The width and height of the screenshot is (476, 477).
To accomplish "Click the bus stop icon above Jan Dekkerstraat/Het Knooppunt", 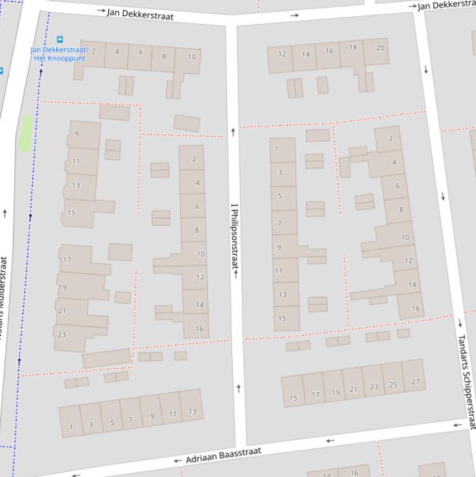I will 59,39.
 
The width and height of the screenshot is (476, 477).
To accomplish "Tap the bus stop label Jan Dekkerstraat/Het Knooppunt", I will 59,54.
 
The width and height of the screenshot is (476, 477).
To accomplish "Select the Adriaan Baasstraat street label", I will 223,455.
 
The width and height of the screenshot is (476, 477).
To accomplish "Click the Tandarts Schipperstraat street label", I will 466,381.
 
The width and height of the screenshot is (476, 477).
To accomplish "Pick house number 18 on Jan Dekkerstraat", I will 353,48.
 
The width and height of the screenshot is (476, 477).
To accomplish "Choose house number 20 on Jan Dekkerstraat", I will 379,48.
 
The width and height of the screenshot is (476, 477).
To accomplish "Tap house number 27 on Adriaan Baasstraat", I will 415,382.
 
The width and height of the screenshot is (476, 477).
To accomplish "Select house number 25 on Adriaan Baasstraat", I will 393,385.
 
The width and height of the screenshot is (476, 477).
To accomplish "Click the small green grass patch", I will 25,133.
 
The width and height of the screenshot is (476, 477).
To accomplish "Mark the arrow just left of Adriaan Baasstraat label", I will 178,461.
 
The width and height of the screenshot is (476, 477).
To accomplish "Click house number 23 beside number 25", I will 374,387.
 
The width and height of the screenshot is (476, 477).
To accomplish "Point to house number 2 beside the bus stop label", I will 93,51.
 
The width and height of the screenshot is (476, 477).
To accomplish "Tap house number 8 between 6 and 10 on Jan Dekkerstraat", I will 164,56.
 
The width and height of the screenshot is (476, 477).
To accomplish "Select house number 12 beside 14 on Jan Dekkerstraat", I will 282,54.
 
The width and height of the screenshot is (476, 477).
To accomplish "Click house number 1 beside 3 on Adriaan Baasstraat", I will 71,427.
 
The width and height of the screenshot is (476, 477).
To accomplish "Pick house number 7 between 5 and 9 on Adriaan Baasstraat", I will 130,419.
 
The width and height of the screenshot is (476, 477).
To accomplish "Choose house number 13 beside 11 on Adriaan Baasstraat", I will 193,411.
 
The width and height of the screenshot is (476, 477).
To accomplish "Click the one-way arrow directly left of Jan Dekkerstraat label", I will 102,11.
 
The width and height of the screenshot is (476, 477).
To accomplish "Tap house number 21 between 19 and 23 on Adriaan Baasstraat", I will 353,390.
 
